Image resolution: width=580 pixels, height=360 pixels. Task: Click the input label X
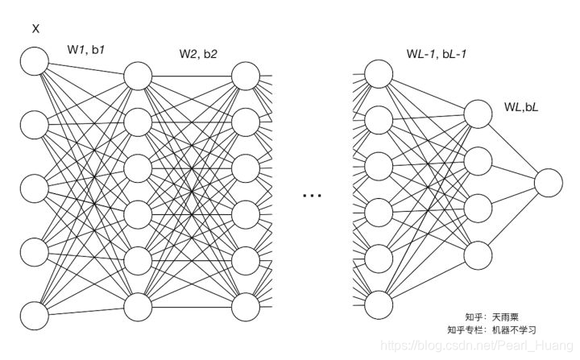pyautogui.click(x=35, y=30)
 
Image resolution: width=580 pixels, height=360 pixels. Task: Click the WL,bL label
pyautogui.click(x=521, y=106)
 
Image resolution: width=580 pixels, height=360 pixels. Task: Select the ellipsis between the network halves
pyautogui.click(x=311, y=194)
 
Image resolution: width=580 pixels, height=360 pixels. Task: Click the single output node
pyautogui.click(x=548, y=183)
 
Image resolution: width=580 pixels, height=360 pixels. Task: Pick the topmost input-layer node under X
pyautogui.click(x=35, y=60)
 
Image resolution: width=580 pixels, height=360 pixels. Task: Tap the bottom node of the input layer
pyautogui.click(x=35, y=315)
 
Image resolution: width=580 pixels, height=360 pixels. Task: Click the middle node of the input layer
pyautogui.click(x=35, y=188)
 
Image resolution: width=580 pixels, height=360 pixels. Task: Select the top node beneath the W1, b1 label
pyautogui.click(x=137, y=75)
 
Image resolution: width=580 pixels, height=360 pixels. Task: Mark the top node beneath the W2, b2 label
pyautogui.click(x=246, y=75)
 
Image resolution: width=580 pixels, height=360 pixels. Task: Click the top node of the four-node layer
pyautogui.click(x=478, y=114)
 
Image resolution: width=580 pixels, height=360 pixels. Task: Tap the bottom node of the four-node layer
pyautogui.click(x=478, y=253)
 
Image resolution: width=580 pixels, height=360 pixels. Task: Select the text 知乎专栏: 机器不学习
pyautogui.click(x=491, y=329)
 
